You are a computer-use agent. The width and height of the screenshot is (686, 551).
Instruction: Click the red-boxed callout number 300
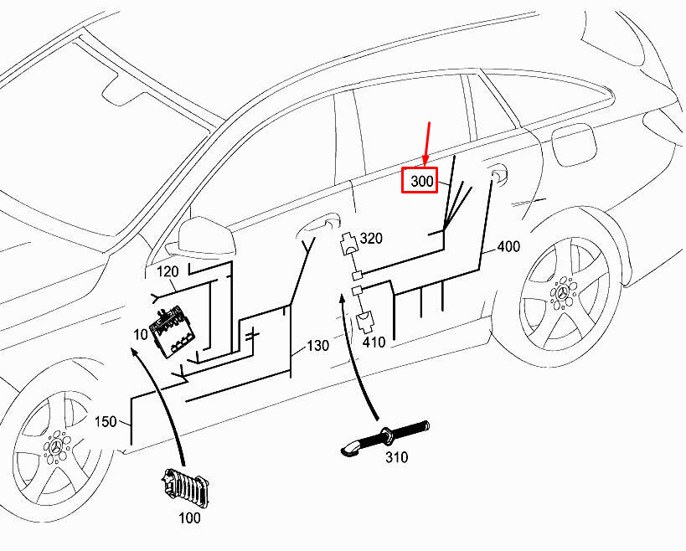pyautogui.click(x=420, y=181)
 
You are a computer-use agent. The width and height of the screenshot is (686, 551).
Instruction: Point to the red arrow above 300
pyautogui.click(x=427, y=143)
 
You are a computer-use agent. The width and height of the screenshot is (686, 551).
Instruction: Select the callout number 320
pyautogui.click(x=370, y=239)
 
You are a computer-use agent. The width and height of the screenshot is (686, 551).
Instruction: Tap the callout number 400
pyautogui.click(x=508, y=246)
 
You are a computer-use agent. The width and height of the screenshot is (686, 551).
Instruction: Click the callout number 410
pyautogui.click(x=374, y=342)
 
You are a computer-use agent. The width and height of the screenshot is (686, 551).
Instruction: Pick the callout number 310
pyautogui.click(x=396, y=457)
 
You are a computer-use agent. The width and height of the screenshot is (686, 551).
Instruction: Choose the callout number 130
pyautogui.click(x=317, y=346)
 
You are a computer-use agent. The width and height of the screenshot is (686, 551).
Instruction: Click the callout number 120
pyautogui.click(x=168, y=271)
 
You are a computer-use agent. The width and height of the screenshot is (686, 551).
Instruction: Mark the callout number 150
pyautogui.click(x=106, y=422)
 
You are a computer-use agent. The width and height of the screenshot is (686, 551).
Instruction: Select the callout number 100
pyautogui.click(x=189, y=518)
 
